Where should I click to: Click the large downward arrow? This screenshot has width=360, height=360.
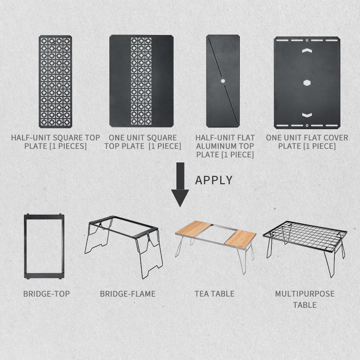(180, 184)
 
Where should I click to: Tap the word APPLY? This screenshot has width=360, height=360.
(214, 180)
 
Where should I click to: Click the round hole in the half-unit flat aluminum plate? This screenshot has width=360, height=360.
(223, 81)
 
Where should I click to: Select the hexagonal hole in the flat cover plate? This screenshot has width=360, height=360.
(307, 83)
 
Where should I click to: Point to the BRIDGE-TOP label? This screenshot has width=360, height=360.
(47, 294)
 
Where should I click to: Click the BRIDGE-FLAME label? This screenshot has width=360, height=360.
(127, 294)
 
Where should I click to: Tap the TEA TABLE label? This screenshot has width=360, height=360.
(215, 294)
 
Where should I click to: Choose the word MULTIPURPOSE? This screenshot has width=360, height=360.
(305, 294)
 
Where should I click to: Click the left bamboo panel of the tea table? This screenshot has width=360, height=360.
(194, 229)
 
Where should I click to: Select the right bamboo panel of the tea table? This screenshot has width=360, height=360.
(240, 238)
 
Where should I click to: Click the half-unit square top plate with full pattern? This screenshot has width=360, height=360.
(55, 82)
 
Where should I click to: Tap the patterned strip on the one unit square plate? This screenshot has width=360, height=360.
(141, 81)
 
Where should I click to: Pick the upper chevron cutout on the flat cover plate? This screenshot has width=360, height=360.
(307, 51)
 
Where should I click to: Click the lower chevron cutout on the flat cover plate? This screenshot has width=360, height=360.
(307, 115)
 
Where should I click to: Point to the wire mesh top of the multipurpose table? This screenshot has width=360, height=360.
(305, 236)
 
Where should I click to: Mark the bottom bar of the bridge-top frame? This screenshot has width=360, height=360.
(44, 276)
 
